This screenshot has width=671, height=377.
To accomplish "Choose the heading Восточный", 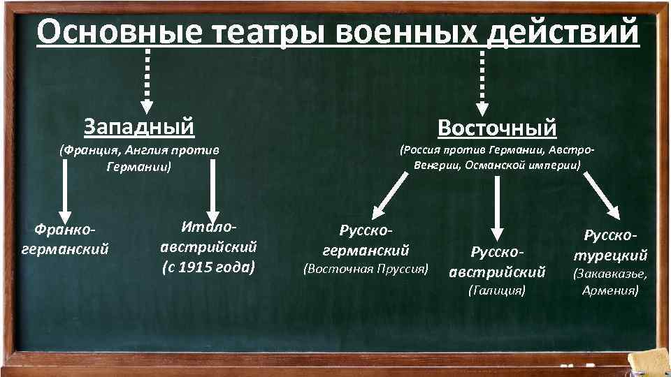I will [497, 127].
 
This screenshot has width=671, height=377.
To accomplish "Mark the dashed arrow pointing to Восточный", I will [482, 80].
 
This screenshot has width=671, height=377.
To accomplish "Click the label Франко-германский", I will [66, 238].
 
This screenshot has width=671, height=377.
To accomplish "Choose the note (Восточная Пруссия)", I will [365, 267].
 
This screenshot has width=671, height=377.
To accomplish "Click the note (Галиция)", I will [496, 289].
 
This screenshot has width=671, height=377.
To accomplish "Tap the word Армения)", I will [610, 289].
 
